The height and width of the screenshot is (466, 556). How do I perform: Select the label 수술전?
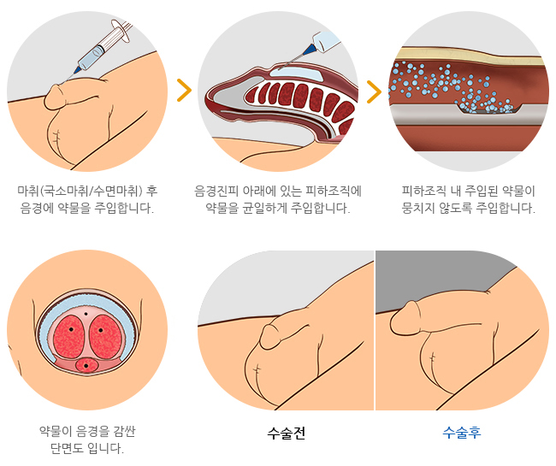click(287, 433)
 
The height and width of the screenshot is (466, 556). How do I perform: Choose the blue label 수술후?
click(462, 433)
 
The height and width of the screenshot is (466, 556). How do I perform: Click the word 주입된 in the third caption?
click(475, 190)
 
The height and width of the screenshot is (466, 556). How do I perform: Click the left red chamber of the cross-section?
click(70, 334)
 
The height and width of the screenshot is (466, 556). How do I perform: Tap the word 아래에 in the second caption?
click(259, 190)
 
